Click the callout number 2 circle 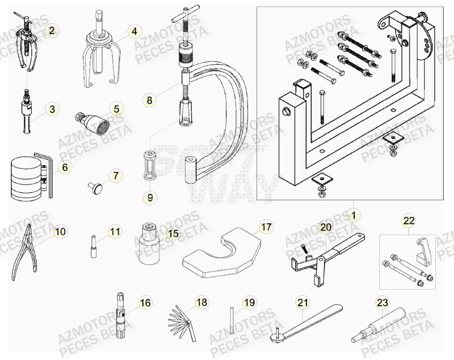coord(52,31)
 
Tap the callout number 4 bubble coord(134,32)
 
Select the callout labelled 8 coord(149,100)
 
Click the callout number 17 coord(265,227)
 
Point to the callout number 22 coord(408,221)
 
